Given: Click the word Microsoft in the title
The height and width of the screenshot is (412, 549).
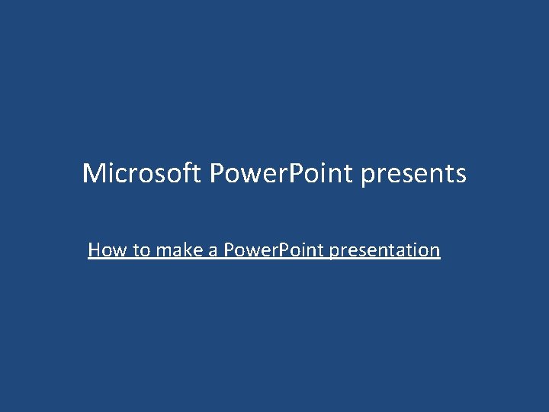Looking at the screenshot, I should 142,174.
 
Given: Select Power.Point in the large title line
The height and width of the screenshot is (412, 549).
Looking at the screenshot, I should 281,174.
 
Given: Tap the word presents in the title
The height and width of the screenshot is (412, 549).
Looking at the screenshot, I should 413,174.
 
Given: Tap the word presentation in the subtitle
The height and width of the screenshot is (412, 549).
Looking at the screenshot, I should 385,250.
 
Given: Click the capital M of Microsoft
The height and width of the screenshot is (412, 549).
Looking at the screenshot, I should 93,174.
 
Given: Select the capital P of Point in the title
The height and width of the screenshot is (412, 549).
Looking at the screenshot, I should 301,174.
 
